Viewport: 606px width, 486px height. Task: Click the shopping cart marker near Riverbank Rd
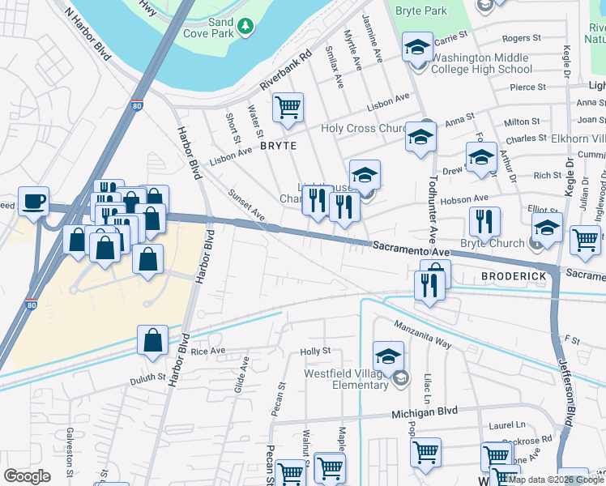tap(288, 107)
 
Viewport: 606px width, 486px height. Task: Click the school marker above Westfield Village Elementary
tap(388, 356)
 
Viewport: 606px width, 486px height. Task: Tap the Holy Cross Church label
tap(362, 128)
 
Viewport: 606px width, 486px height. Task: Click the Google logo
tap(28, 475)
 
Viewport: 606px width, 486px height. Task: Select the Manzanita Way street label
tap(422, 334)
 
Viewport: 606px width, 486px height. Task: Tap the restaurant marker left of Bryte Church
tap(484, 221)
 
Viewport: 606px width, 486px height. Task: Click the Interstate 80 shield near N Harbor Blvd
tap(137, 104)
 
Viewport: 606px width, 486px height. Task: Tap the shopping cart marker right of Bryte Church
tap(585, 239)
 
